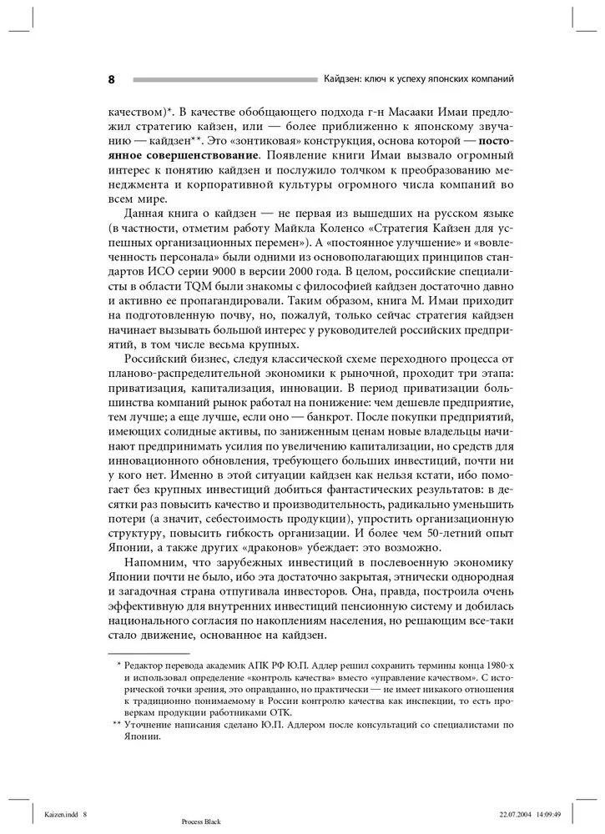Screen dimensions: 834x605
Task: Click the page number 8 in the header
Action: coord(111,79)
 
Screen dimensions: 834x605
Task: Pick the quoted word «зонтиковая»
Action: coord(260,140)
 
